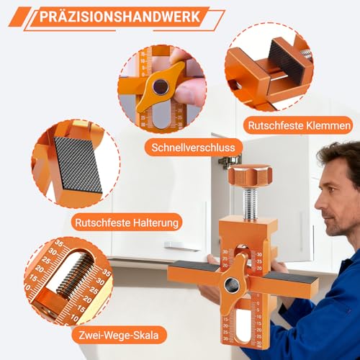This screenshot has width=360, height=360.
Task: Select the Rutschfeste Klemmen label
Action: tap(297, 125)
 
